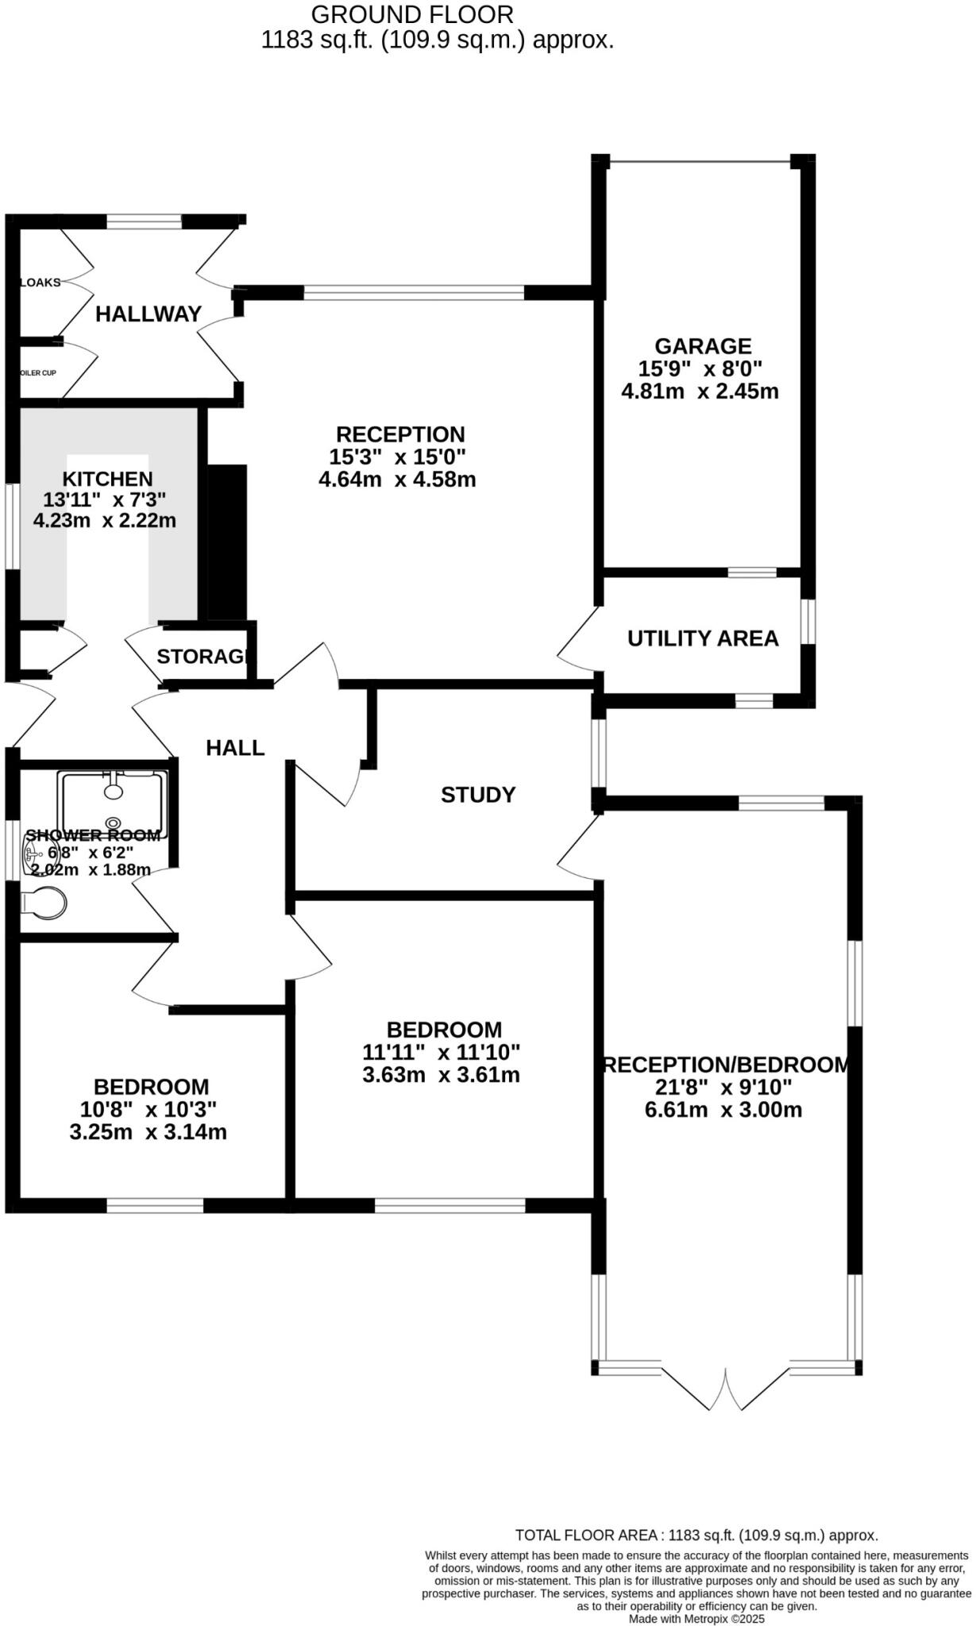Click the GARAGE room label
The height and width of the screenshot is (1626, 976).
tap(702, 346)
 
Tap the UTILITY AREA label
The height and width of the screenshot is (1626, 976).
tap(702, 638)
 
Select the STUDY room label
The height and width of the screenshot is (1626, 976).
tap(478, 795)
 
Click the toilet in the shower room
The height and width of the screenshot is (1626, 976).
tap(44, 903)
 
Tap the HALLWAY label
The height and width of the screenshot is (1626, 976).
tap(149, 314)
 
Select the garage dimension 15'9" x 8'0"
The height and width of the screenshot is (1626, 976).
tap(700, 368)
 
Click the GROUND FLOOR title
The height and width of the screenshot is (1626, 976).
tap(411, 14)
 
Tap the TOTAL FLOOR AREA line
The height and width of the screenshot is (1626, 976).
tap(696, 1535)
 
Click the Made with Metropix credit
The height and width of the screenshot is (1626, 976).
tap(696, 1618)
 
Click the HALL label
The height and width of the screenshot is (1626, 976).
tap(234, 748)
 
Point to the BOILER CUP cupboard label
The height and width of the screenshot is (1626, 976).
tap(38, 372)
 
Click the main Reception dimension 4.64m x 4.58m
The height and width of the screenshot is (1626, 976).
tap(397, 480)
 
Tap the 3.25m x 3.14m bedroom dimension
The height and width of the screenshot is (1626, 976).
tap(148, 1132)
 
